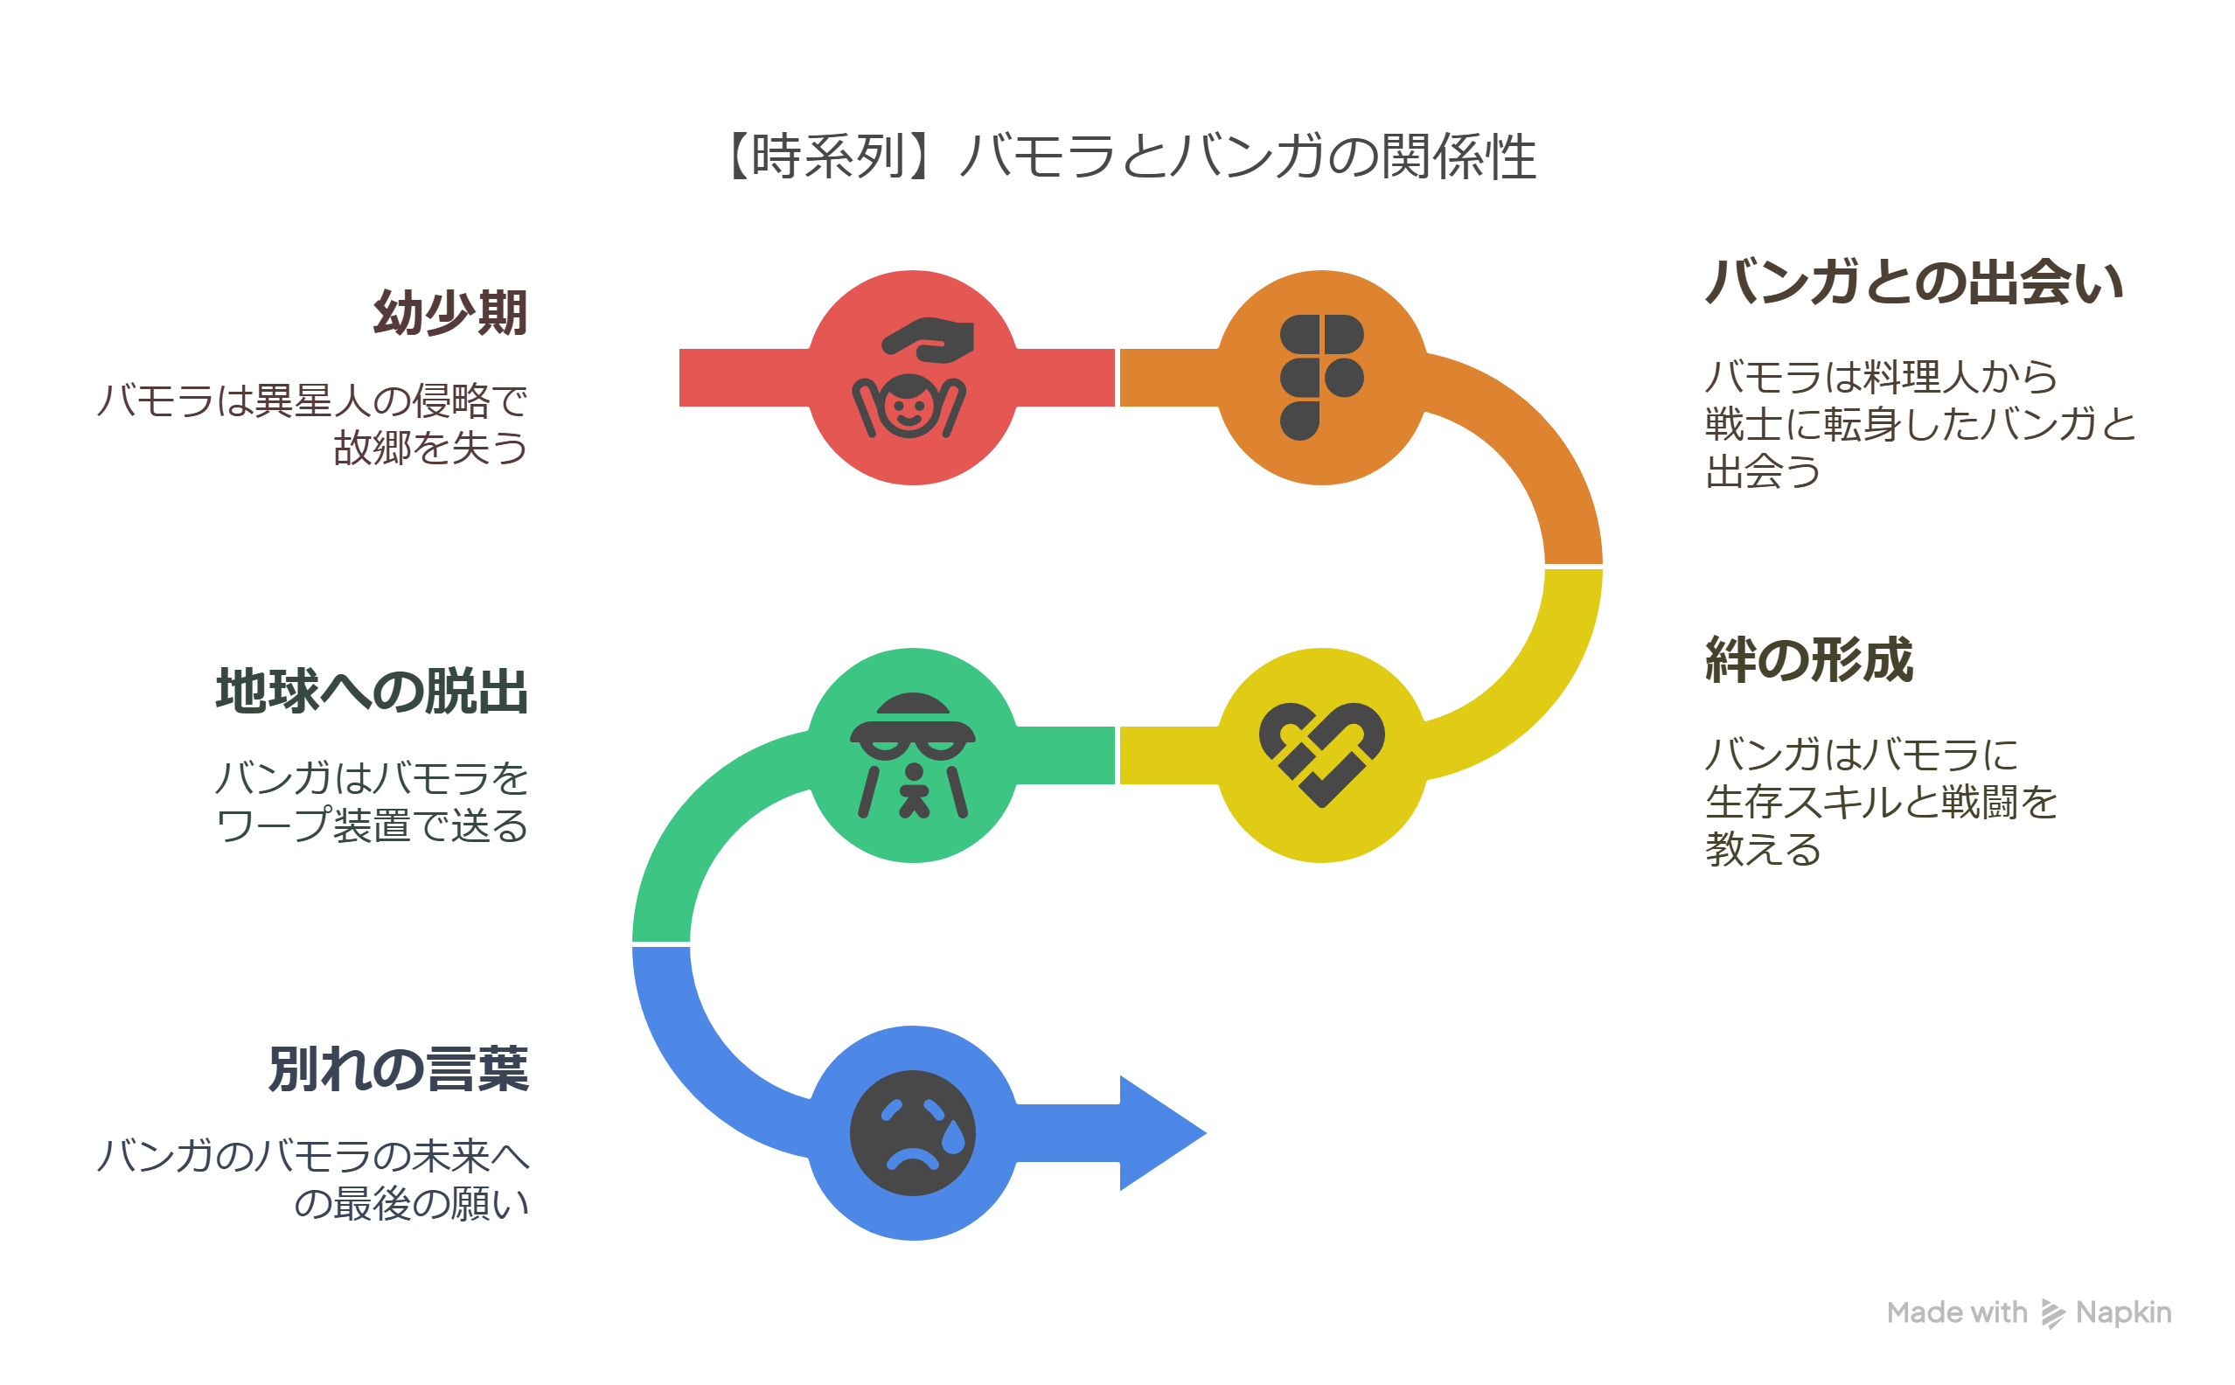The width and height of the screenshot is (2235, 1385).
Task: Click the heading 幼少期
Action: pyautogui.click(x=449, y=313)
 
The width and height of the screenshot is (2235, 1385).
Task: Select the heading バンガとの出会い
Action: pyautogui.click(x=1913, y=282)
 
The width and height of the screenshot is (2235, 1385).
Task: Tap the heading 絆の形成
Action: pyautogui.click(x=1809, y=659)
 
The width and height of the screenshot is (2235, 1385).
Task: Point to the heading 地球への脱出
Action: pyautogui.click(x=372, y=691)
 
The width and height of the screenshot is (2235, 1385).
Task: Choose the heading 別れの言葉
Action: pyautogui.click(x=399, y=1069)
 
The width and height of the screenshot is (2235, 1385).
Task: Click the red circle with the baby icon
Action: pyautogui.click(x=912, y=378)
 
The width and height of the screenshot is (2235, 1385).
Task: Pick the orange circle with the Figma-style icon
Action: pyautogui.click(x=1322, y=378)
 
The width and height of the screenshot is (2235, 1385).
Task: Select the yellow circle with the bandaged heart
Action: pyautogui.click(x=1322, y=755)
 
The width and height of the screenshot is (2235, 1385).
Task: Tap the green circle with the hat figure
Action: pyautogui.click(x=912, y=755)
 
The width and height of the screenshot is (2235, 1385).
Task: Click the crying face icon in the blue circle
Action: pyautogui.click(x=912, y=1133)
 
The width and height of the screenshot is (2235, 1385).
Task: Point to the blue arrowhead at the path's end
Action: pyautogui.click(x=1161, y=1133)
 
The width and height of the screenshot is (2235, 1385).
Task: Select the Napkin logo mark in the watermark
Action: pyautogui.click(x=2053, y=1313)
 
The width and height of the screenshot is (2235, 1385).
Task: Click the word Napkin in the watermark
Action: pyautogui.click(x=2123, y=1313)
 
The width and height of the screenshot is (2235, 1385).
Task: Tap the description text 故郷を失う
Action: pyautogui.click(x=430, y=448)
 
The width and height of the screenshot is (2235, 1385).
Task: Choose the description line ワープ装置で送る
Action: pyautogui.click(x=372, y=825)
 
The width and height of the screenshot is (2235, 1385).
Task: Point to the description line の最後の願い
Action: pyautogui.click(x=411, y=1204)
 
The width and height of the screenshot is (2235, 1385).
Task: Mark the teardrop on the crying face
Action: pyautogui.click(x=953, y=1137)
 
